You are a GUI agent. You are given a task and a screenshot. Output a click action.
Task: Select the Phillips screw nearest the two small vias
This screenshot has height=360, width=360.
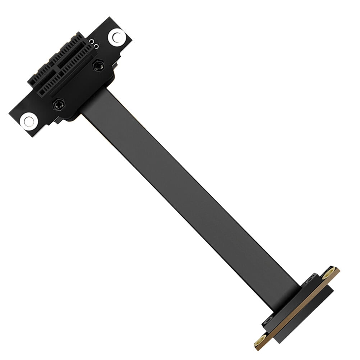(98, 65)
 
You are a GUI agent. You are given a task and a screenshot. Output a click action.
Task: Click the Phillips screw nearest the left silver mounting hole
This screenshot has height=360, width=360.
(58, 105)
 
